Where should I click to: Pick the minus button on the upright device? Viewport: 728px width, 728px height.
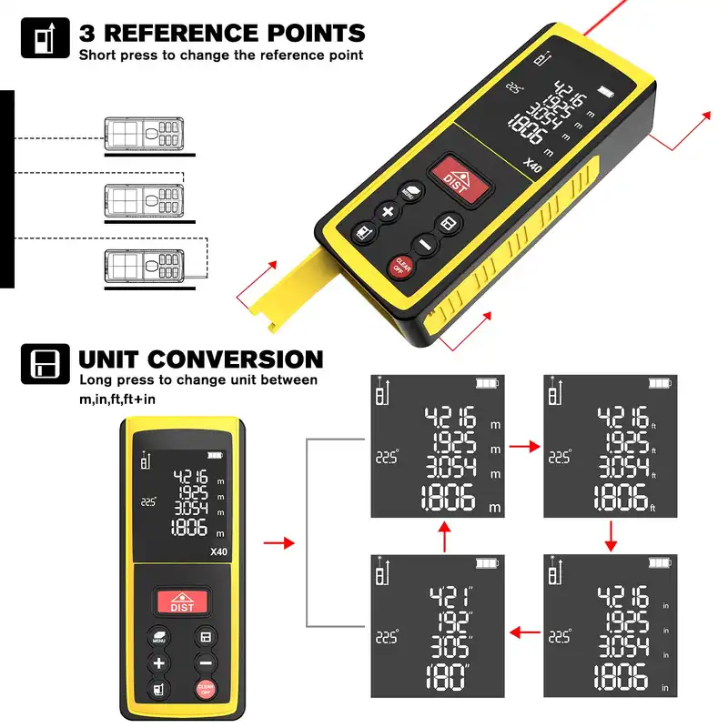click(x=207, y=662)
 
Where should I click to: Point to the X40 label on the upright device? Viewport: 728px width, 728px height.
click(x=217, y=551)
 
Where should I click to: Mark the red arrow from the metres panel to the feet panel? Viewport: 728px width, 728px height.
click(x=523, y=448)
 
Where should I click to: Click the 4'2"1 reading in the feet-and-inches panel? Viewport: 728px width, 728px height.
click(x=452, y=598)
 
